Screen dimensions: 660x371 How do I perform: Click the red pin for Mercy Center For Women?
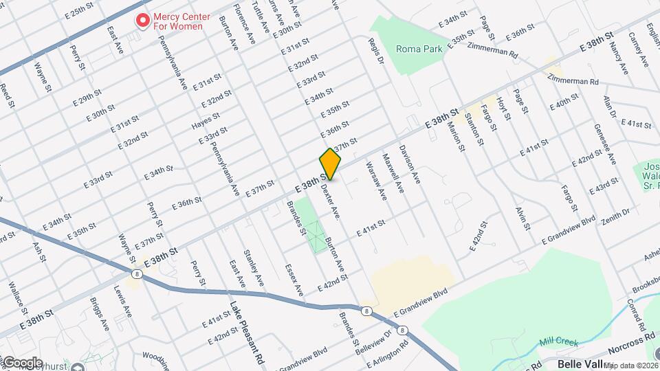[x=143, y=20]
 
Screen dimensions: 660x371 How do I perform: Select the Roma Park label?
[x=419, y=49]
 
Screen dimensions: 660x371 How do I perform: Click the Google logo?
[x=22, y=362]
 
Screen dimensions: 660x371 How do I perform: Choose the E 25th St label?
[x=78, y=13]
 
